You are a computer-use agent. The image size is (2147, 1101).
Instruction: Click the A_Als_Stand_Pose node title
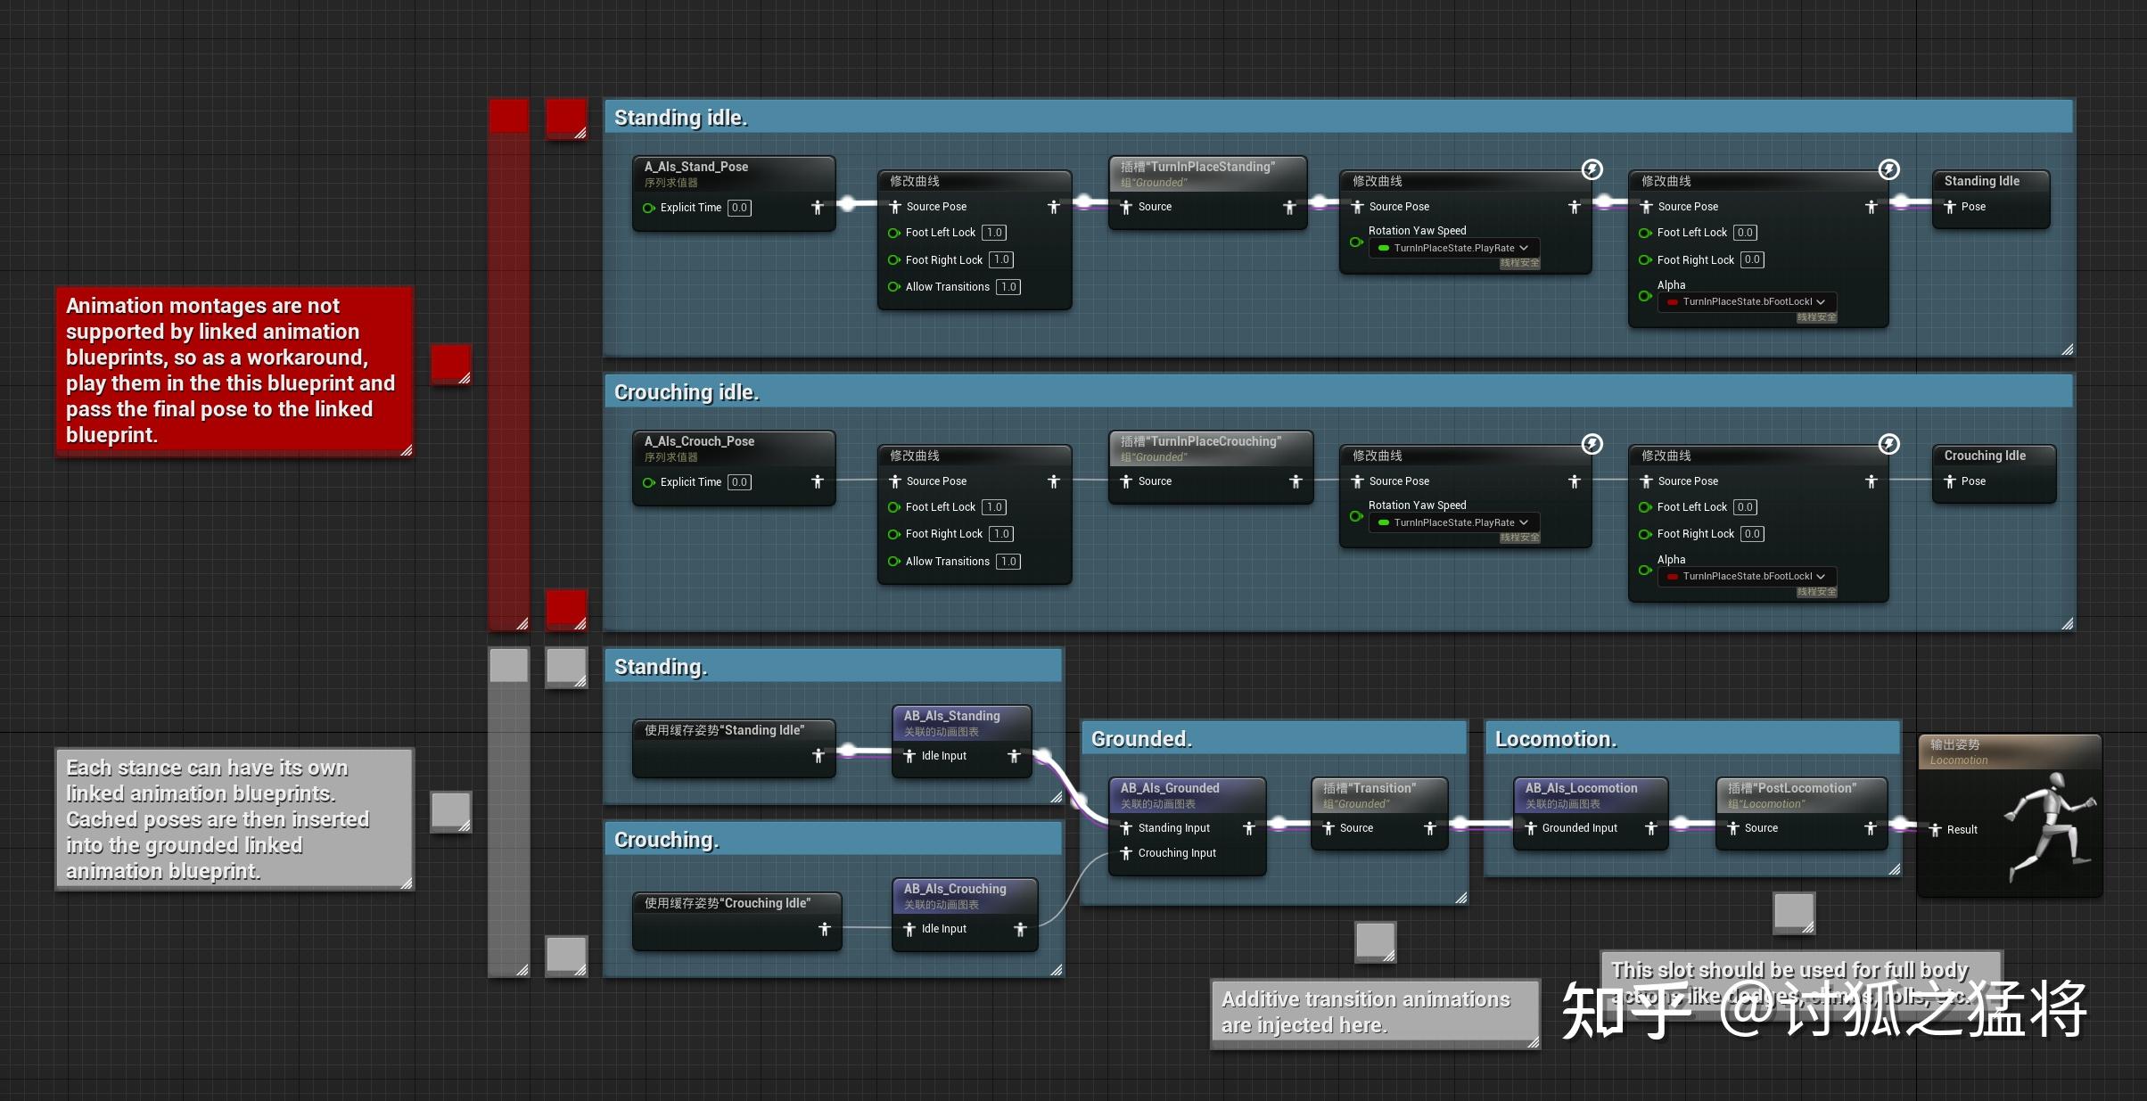click(695, 167)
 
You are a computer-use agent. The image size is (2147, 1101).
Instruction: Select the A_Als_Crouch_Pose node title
click(699, 441)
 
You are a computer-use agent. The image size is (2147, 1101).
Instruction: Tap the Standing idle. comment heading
click(680, 118)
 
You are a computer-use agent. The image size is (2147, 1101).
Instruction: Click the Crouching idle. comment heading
click(687, 392)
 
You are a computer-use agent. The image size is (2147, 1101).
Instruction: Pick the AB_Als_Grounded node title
click(1169, 788)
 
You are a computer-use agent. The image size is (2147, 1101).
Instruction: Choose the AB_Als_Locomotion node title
click(1581, 788)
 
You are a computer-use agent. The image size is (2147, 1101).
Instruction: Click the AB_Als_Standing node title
click(951, 716)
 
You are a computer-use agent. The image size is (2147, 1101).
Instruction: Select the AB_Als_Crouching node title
click(954, 889)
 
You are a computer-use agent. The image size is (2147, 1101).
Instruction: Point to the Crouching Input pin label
click(1176, 853)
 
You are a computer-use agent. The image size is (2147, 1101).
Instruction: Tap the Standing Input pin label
click(1173, 828)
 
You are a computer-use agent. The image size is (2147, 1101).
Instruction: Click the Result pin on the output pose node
click(1961, 830)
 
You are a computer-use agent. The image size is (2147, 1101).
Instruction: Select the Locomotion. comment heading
click(1555, 739)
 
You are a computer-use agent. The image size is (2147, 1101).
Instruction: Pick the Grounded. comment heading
click(1140, 739)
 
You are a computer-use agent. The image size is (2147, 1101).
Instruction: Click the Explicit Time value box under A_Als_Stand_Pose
click(739, 208)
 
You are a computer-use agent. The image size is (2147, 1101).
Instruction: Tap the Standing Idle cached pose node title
click(1981, 181)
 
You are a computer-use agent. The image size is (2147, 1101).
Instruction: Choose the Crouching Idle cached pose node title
click(1984, 456)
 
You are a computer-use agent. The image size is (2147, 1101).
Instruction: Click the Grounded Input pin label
click(1579, 828)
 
